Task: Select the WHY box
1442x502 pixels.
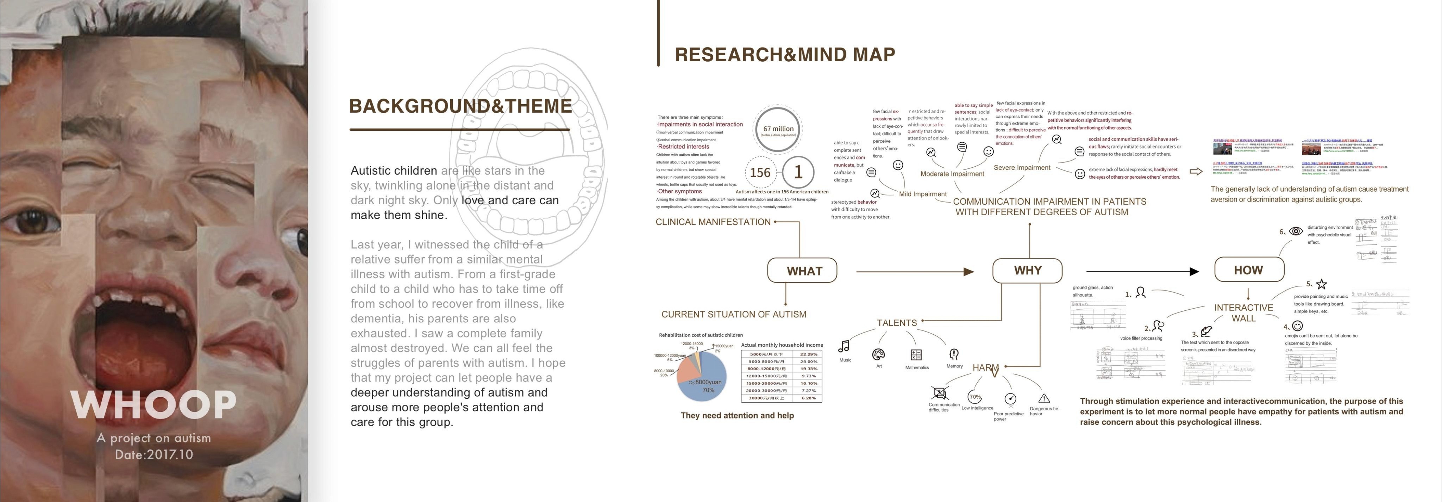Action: click(1027, 271)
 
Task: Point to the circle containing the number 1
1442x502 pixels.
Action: click(798, 172)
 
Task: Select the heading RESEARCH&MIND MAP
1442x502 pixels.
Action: click(785, 54)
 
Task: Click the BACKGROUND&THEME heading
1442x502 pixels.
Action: click(460, 106)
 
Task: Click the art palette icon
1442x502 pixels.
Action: click(878, 354)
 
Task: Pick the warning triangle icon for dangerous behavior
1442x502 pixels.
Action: click(1044, 398)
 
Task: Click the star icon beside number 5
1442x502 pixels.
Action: click(1322, 284)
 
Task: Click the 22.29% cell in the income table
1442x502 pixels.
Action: click(808, 354)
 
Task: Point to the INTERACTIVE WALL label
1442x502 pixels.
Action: click(1243, 312)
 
